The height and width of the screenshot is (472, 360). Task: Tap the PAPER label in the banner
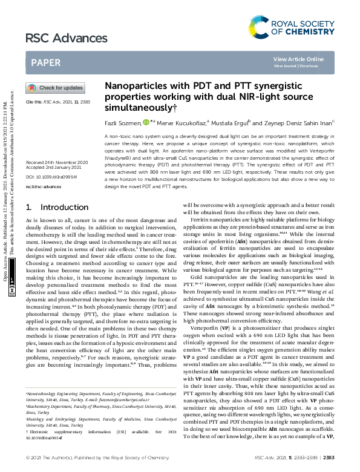(45, 62)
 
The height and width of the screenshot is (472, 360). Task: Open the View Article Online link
(298, 59)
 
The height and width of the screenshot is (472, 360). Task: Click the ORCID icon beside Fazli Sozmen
(146, 123)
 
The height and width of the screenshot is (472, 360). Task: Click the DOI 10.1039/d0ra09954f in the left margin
(48, 160)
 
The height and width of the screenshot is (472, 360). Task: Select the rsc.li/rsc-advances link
(44, 170)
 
